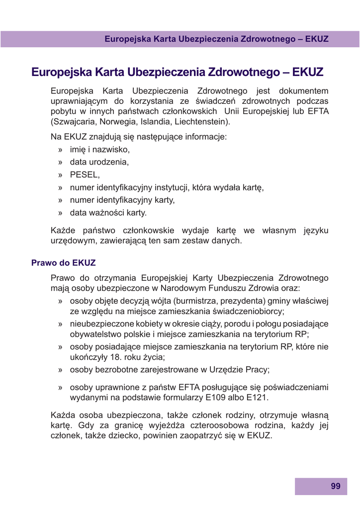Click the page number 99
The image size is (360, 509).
tap(336, 486)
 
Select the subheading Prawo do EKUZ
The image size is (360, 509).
tap(64, 262)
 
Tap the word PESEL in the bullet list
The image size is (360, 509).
tap(85, 174)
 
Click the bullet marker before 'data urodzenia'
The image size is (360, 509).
tap(60, 162)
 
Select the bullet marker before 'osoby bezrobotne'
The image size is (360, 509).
tap(60, 370)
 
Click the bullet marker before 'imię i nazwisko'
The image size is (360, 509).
tap(60, 149)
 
